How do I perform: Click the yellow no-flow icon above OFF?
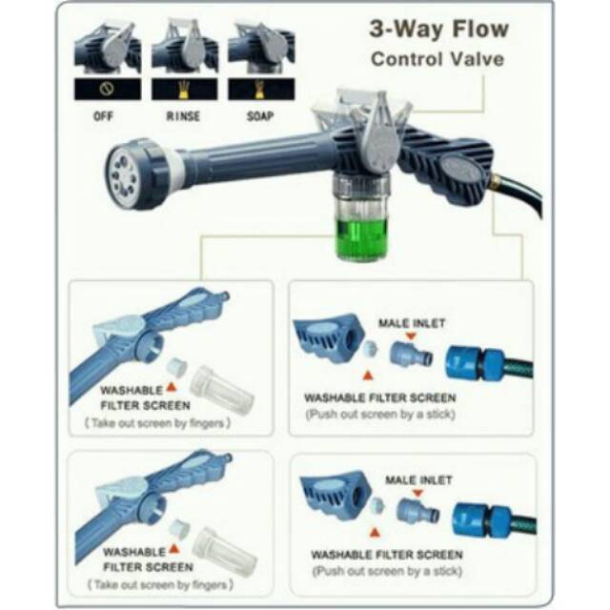(x=107, y=90)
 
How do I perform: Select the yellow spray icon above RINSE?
(x=183, y=90)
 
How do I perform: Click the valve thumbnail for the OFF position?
(x=107, y=48)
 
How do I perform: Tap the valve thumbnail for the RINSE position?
(x=183, y=48)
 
